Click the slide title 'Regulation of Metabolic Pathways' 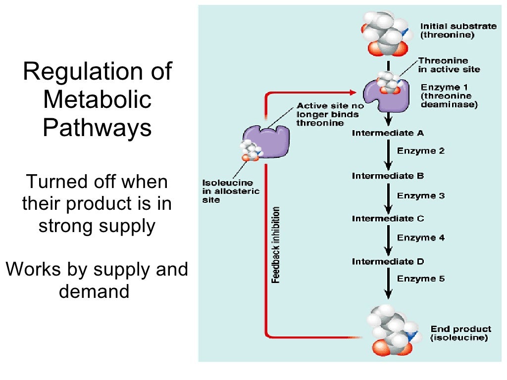point(97,99)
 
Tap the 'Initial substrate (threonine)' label point(458,30)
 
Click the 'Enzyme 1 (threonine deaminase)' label point(449,96)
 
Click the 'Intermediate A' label point(388,133)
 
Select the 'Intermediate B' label point(388,176)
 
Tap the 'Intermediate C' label point(388,218)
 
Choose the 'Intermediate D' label point(388,261)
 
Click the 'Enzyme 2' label point(421,151)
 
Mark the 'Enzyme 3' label point(421,195)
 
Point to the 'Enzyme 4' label point(421,238)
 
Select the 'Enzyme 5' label point(421,279)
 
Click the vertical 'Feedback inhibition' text point(276,245)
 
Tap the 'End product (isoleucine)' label point(460,333)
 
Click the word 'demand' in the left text point(94,291)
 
